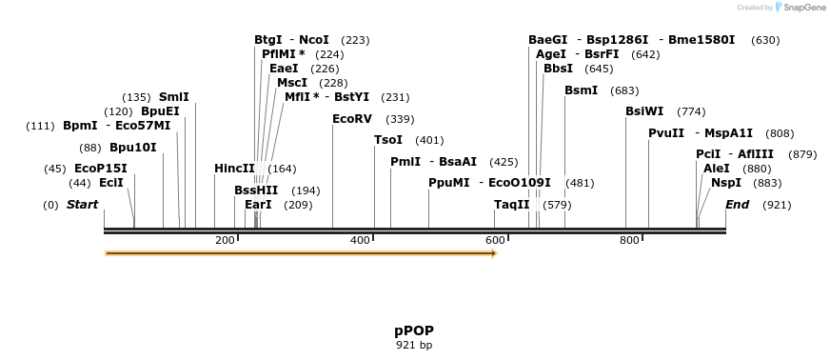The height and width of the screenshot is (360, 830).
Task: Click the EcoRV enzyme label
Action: (352, 119)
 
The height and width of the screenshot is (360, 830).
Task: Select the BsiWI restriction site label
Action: (644, 111)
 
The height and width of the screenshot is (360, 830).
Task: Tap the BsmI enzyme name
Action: (582, 90)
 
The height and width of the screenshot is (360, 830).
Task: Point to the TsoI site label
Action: (388, 140)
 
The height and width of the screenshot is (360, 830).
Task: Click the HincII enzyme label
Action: (234, 169)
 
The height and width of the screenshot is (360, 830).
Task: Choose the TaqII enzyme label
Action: (512, 205)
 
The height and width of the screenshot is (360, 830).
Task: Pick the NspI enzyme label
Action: (726, 183)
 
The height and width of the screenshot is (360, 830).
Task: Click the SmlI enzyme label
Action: (173, 97)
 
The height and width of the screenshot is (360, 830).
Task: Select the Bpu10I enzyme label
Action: (132, 148)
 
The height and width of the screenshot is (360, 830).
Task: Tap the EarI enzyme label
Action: (258, 205)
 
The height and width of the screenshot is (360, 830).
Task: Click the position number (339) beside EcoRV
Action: (400, 119)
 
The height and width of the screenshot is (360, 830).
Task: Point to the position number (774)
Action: (691, 111)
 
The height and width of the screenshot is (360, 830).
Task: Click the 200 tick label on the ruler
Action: (225, 240)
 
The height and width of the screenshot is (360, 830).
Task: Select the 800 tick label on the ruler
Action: (629, 240)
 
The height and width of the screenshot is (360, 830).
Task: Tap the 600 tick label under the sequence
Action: (495, 240)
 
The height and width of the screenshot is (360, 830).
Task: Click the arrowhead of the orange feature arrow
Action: (493, 253)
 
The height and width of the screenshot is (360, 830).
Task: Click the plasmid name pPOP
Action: (414, 330)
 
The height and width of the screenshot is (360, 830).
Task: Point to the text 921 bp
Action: (414, 345)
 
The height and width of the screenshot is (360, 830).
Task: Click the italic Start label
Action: (82, 205)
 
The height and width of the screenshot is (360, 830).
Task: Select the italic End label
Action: (737, 205)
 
